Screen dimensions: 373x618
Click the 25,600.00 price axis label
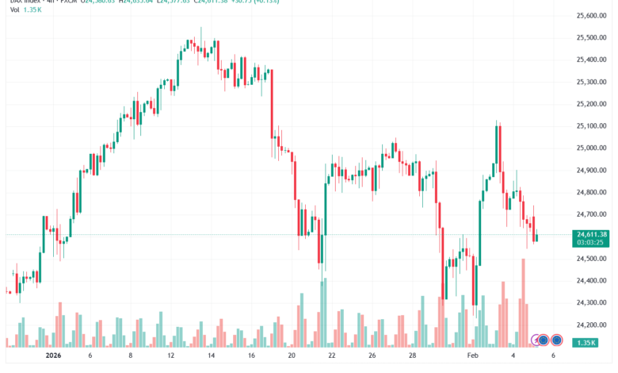pyautogui.click(x=591, y=15)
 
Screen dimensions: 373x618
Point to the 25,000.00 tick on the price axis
pyautogui.click(x=591, y=148)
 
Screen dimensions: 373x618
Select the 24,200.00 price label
pyautogui.click(x=591, y=325)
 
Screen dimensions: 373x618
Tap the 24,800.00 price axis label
pyautogui.click(x=591, y=192)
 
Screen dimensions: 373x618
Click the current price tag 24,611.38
pyautogui.click(x=590, y=233)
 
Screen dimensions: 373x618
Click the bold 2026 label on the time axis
pyautogui.click(x=53, y=356)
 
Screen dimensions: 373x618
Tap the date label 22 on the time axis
pyautogui.click(x=332, y=356)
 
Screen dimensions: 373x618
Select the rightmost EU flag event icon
pyautogui.click(x=556, y=340)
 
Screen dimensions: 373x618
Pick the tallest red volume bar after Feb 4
pyautogui.click(x=524, y=302)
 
